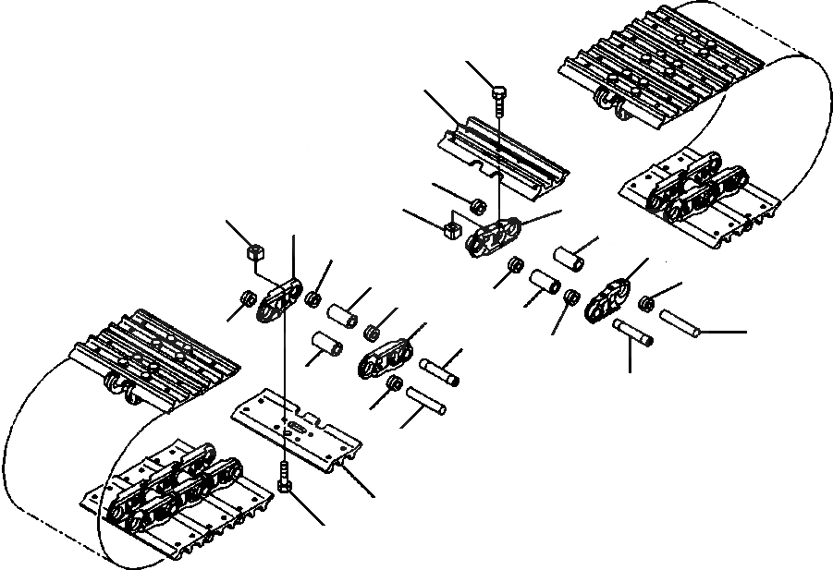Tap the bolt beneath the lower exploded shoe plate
pos(282,477)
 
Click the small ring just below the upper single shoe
pos(477,204)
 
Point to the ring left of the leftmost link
pos(248,299)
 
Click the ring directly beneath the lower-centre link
pos(394,383)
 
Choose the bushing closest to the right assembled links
pos(570,258)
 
